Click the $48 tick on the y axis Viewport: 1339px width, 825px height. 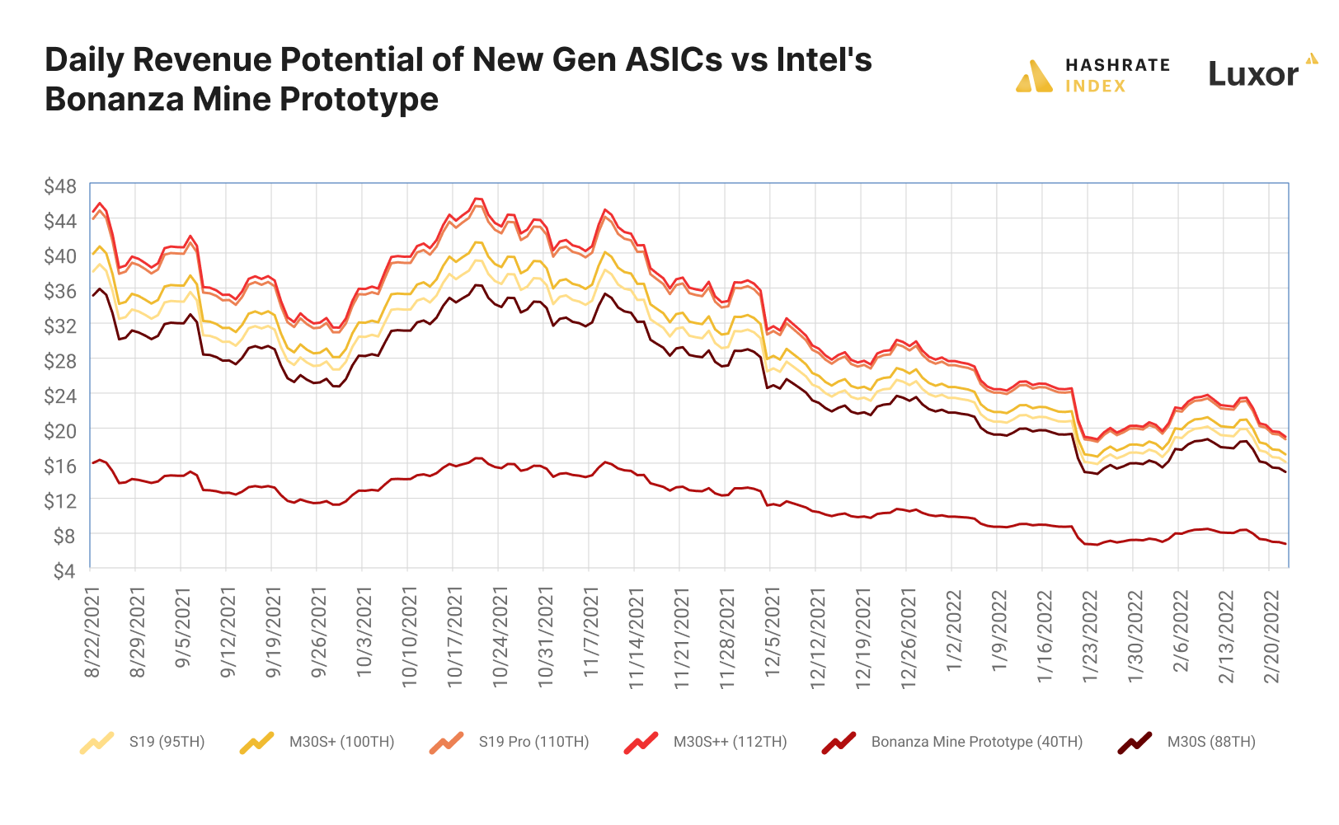point(59,187)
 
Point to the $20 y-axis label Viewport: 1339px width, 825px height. point(59,431)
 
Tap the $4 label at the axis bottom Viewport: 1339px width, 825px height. point(63,571)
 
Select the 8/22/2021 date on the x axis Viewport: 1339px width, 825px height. point(92,633)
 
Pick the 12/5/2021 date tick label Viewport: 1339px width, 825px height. point(773,633)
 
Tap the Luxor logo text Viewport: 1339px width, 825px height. point(1253,74)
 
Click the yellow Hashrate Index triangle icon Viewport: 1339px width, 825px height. point(1035,77)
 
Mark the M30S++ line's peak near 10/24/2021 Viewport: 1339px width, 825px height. point(477,199)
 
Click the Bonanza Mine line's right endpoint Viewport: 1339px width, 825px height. point(1285,544)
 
